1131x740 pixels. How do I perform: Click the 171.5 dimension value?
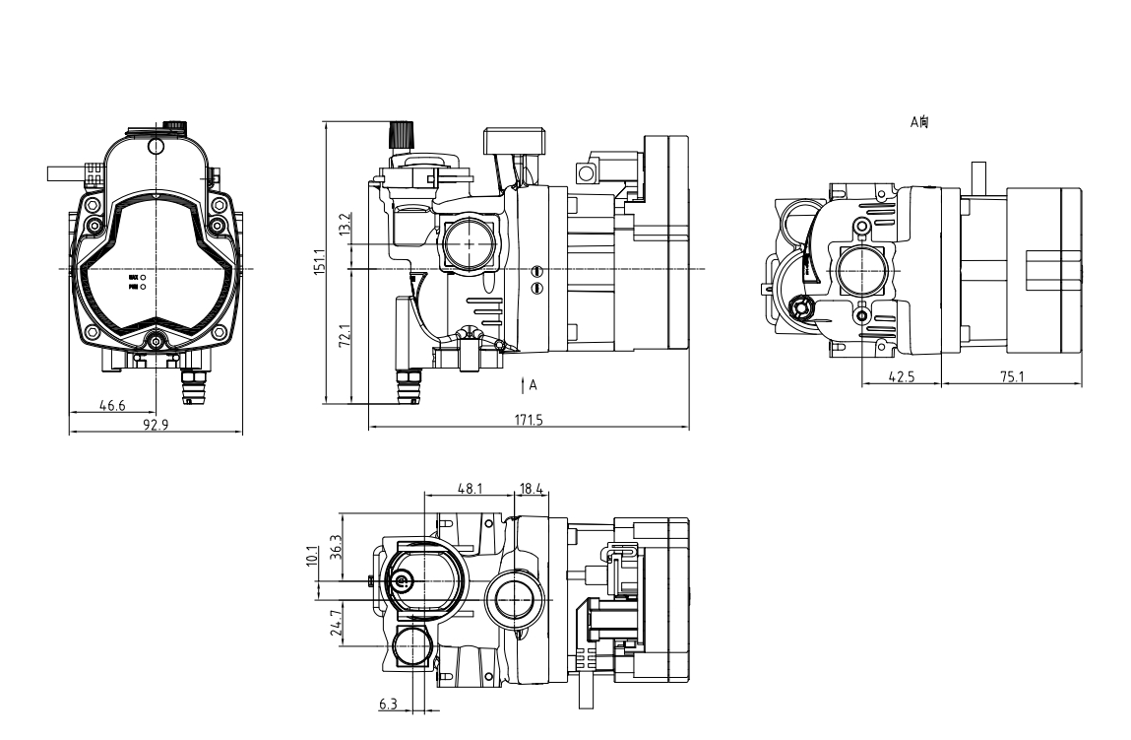pyautogui.click(x=528, y=421)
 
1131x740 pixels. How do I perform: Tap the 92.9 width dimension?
pyautogui.click(x=152, y=425)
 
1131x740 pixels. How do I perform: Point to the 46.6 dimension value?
pyautogui.click(x=111, y=405)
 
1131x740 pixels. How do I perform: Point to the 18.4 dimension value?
pyautogui.click(x=532, y=488)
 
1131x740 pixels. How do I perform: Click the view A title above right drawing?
pyautogui.click(x=919, y=122)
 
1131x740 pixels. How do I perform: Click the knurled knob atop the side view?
pyautogui.click(x=402, y=131)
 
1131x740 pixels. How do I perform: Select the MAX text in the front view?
pyautogui.click(x=132, y=278)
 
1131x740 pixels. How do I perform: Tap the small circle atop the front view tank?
pyautogui.click(x=155, y=146)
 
